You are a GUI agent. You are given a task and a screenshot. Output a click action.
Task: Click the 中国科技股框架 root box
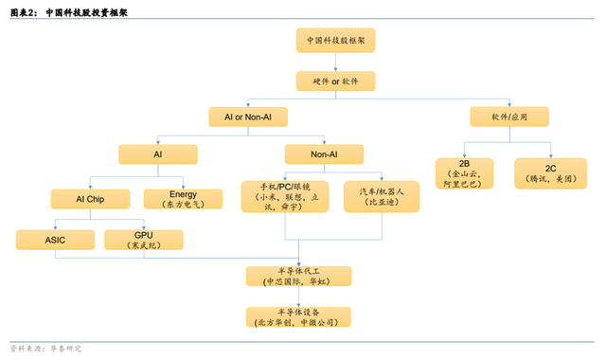pos(335,43)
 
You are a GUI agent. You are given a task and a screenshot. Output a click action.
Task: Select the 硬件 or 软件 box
pos(335,81)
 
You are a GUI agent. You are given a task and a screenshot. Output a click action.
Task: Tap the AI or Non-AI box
pos(248,117)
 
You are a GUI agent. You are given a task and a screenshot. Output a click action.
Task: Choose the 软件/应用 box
pos(508,117)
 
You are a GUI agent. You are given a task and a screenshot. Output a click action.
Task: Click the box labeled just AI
pos(157,153)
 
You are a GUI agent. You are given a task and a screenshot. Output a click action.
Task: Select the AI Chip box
pos(89,199)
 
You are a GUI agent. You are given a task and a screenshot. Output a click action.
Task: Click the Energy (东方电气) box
pos(183,199)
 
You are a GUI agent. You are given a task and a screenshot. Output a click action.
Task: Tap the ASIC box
pos(55,239)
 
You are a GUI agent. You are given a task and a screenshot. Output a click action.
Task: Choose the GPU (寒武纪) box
pos(144,239)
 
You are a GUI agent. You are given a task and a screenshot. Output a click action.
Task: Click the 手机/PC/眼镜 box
pos(283,195)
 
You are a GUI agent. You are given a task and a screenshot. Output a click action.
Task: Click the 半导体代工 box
pos(298,276)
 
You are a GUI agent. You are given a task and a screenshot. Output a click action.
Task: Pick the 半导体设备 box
pos(298,317)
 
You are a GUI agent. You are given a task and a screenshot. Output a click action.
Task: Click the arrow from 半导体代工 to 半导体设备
pos(298,297)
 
